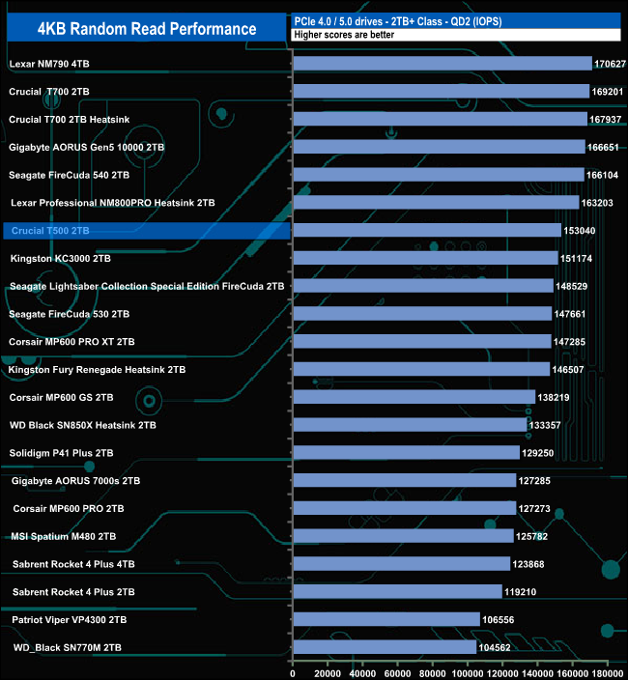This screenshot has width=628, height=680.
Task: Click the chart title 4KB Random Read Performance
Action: [147, 29]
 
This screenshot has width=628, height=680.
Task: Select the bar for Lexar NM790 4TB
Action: [442, 64]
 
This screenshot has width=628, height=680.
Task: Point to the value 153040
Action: [581, 231]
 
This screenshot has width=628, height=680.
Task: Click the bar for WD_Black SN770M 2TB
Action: [385, 647]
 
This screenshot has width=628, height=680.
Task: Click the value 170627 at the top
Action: [610, 64]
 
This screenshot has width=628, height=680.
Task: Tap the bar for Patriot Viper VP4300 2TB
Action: [386, 619]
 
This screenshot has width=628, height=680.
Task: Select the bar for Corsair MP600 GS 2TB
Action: [414, 397]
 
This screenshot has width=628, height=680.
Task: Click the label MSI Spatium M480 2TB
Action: [63, 536]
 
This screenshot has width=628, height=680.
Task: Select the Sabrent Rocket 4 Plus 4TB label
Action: [73, 564]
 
